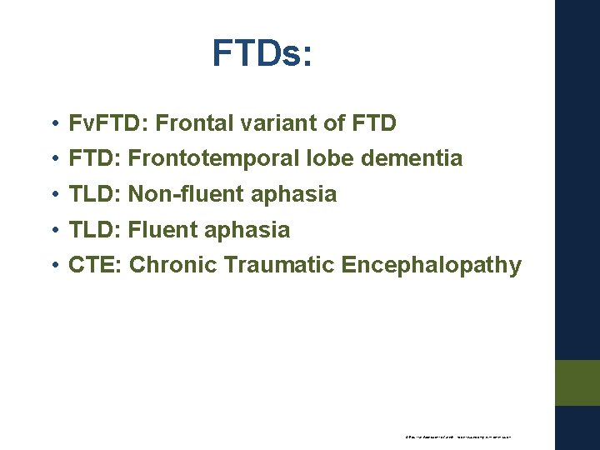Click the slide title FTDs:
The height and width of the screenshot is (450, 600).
262,53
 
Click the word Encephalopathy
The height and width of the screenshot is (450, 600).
432,266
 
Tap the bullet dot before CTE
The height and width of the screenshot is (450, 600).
52,267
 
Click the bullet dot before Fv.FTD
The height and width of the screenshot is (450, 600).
52,125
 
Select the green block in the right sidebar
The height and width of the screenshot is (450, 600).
578,382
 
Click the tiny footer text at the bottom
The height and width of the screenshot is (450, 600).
457,436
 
